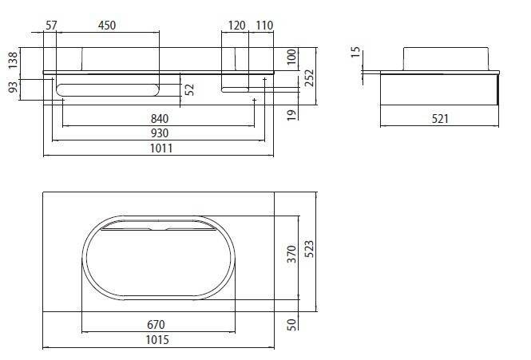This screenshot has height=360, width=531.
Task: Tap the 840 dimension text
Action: click(x=160, y=118)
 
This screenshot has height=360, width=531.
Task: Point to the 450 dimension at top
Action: click(x=106, y=26)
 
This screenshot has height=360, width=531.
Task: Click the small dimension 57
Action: click(x=52, y=26)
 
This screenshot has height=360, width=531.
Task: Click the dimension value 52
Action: click(x=189, y=89)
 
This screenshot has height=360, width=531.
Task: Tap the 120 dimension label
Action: click(x=236, y=26)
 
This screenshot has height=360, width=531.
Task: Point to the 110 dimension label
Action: click(x=265, y=26)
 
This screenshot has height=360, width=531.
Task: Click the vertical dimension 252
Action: click(x=309, y=76)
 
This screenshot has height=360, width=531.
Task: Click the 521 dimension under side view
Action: click(x=438, y=118)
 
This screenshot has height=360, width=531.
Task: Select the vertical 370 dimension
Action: click(x=292, y=254)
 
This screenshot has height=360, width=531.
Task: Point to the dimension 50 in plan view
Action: click(x=292, y=324)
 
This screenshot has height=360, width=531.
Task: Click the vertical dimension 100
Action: click(x=292, y=56)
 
